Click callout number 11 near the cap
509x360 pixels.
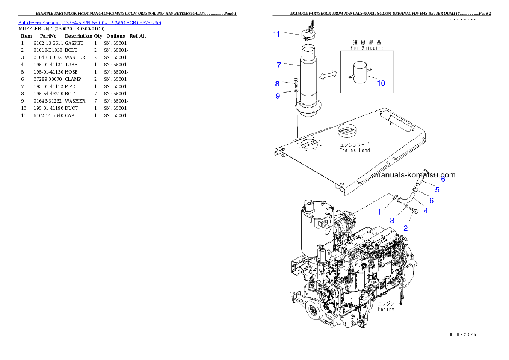pyautogui.click(x=277, y=34)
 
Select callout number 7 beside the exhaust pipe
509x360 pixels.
pyautogui.click(x=278, y=65)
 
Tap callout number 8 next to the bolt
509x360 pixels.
pyautogui.click(x=277, y=84)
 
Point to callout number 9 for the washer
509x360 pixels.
pyautogui.click(x=278, y=96)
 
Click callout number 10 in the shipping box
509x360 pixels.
pyautogui.click(x=381, y=83)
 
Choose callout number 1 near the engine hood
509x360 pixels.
pyautogui.click(x=379, y=212)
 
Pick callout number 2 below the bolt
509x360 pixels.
pyautogui.click(x=405, y=228)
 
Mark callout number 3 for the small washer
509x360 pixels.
pyautogui.click(x=391, y=221)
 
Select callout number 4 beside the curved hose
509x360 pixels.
pyautogui.click(x=426, y=210)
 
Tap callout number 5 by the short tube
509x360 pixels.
pyautogui.click(x=437, y=189)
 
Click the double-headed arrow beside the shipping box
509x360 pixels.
pyautogui.click(x=327, y=75)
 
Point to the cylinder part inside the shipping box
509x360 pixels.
pyautogui.click(x=358, y=73)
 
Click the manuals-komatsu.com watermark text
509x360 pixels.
pyautogui.click(x=414, y=175)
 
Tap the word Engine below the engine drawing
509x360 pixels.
pyautogui.click(x=386, y=309)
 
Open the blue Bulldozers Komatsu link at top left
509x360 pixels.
pyautogui.click(x=89, y=23)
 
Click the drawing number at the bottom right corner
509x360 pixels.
pyautogui.click(x=462, y=334)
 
